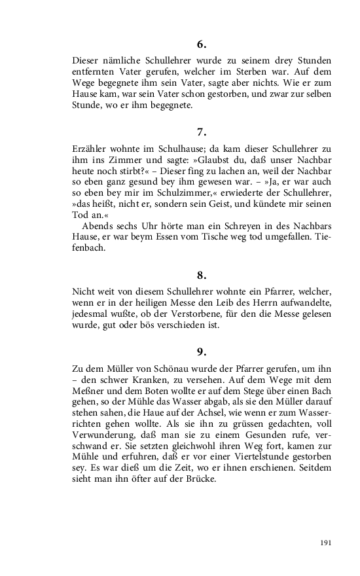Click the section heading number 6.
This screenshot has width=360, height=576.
tap(201, 45)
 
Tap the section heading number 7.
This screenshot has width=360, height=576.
tap(201, 132)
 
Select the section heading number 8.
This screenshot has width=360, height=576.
tap(201, 275)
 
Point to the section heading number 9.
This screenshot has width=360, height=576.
tap(201, 351)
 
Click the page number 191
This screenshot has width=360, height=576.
tap(325, 543)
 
